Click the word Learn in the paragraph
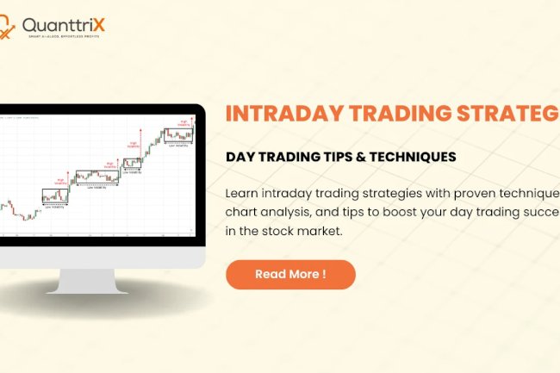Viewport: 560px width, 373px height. [x=243, y=192]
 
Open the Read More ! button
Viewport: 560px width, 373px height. [x=290, y=275]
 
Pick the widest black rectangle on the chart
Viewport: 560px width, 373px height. [x=96, y=176]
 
